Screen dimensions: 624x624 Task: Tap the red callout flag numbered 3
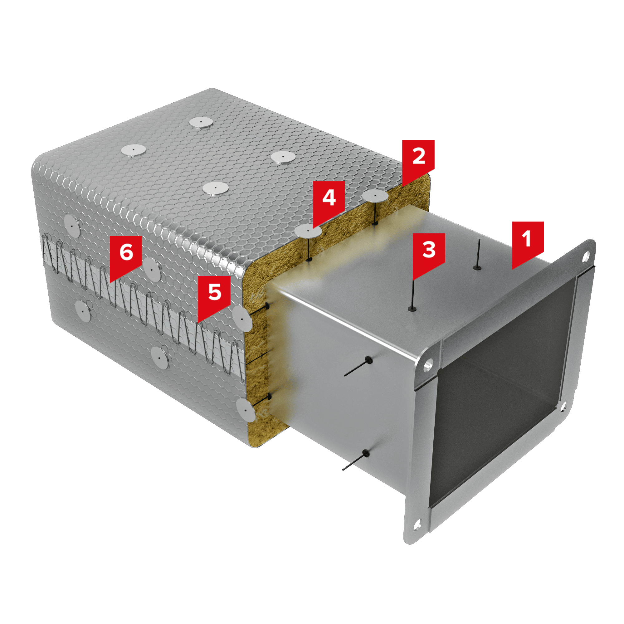coord(429,253)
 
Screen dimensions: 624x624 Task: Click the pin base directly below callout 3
coord(412,309)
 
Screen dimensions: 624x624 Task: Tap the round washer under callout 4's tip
coord(308,231)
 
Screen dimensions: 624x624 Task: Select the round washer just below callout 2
coord(375,196)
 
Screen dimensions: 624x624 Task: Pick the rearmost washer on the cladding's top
coord(201,122)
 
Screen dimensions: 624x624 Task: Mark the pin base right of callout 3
coord(477,267)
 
